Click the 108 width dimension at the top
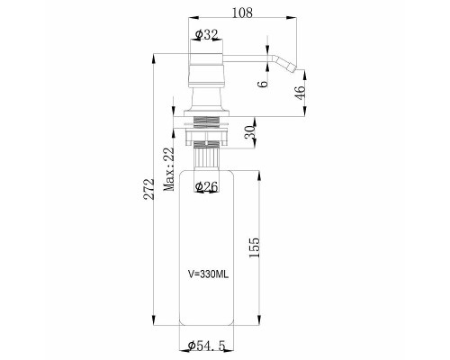point(242,13)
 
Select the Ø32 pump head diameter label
point(206,35)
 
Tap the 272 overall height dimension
point(149,189)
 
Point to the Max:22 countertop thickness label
point(168,169)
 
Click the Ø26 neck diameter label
point(206,186)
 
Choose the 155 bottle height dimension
point(254,247)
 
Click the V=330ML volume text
point(208,274)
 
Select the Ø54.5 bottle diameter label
point(206,346)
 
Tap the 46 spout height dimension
point(301,93)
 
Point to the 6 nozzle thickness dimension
point(263,84)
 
